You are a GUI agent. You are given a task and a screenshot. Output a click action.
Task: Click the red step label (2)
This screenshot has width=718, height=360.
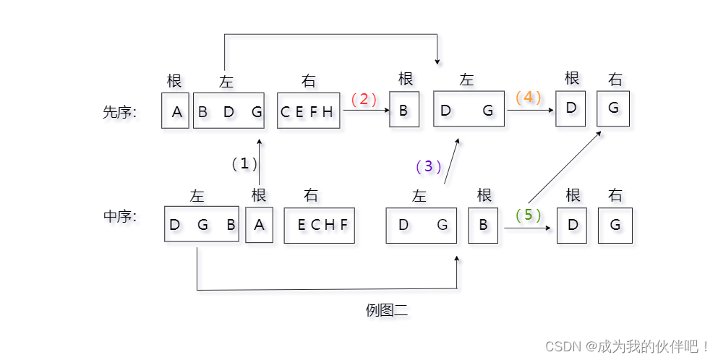point(364,99)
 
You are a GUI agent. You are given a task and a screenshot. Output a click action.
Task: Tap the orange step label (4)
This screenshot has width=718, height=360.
point(529,97)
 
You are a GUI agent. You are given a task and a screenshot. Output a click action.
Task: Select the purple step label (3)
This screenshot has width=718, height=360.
point(429,166)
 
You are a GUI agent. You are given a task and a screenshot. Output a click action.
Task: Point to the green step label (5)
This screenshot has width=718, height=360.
point(528,215)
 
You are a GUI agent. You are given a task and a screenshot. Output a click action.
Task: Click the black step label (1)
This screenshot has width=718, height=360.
point(244,163)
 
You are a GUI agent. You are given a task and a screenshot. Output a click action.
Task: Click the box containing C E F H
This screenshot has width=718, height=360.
point(308,111)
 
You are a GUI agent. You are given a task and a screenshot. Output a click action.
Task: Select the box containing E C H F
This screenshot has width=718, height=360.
point(319,225)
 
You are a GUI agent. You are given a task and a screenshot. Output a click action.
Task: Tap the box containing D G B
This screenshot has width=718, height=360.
point(202,224)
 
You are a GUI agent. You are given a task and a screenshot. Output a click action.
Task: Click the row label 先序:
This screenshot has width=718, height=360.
point(120,112)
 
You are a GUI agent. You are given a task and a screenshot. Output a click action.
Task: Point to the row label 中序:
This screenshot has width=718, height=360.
point(120,215)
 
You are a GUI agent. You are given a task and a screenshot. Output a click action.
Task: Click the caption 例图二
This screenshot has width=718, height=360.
point(387,311)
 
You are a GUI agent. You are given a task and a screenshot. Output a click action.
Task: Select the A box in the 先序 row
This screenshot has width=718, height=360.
point(176,111)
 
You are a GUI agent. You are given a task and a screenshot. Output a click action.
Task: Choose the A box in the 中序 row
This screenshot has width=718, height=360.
point(259,225)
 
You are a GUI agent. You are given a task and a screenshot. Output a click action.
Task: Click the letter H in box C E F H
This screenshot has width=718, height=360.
point(328,111)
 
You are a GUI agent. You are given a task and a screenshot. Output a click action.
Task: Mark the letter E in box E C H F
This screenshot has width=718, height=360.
point(302,225)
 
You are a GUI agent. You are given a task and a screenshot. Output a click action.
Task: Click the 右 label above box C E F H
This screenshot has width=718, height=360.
point(309,81)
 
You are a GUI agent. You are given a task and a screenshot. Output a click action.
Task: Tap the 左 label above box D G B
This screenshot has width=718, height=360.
point(197,195)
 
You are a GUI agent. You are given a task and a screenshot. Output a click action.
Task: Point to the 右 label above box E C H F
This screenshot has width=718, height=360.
point(311,194)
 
